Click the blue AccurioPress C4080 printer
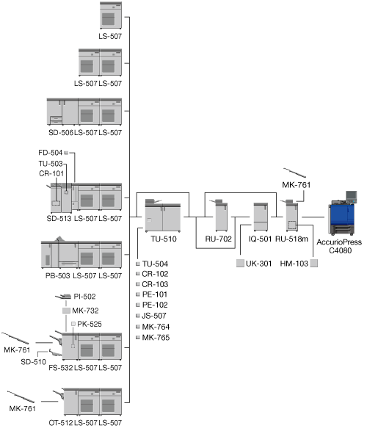click(342, 214)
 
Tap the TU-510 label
click(164, 239)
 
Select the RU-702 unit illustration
click(219, 215)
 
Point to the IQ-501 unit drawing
click(261, 217)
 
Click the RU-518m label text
click(291, 239)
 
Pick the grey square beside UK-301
click(240, 263)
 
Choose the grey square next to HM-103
click(314, 263)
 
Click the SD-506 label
click(61, 132)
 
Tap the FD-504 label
click(50, 153)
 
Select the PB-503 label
click(58, 275)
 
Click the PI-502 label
click(84, 297)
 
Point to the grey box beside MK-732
click(67, 311)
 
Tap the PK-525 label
click(90, 324)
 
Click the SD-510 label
click(33, 362)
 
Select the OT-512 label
click(61, 423)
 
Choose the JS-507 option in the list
click(154, 316)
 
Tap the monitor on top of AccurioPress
click(352, 196)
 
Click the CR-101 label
click(51, 173)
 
